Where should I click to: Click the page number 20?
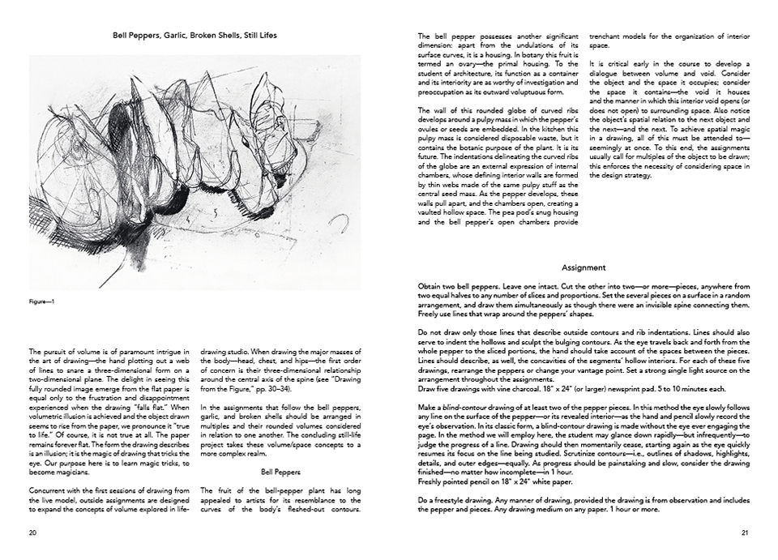point(32,532)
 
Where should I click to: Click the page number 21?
point(745,532)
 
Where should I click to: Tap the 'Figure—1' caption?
point(41,302)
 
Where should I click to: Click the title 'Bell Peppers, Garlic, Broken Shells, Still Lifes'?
point(194,36)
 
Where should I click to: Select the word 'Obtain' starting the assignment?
point(430,286)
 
